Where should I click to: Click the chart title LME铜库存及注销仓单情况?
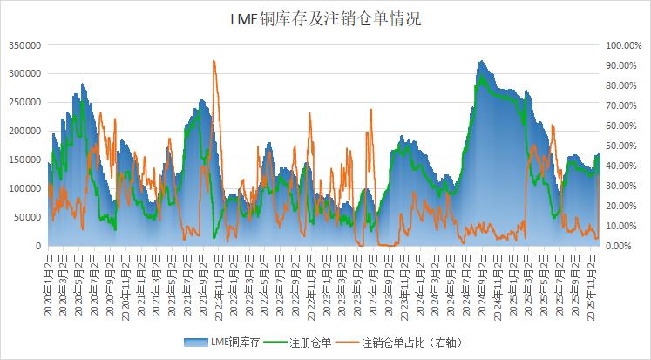(325, 18)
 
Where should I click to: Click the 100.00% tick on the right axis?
(623, 45)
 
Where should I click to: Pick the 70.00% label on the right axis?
(625, 105)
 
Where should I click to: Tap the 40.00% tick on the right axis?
(625, 166)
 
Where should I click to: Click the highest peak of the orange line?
(214, 61)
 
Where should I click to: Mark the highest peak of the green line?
(480, 77)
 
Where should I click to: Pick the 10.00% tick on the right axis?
(625, 227)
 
